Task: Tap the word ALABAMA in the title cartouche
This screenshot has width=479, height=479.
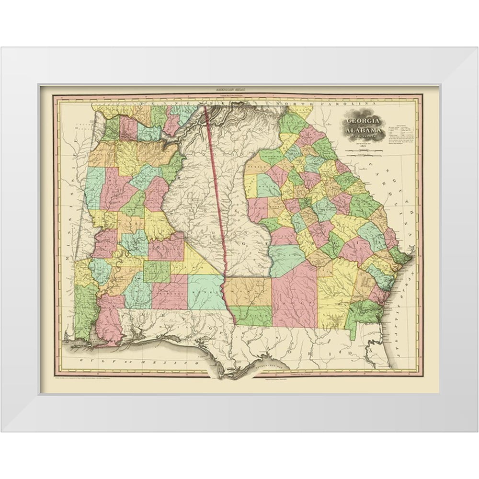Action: click(365, 131)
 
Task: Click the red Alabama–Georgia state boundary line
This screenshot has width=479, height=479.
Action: click(216, 192)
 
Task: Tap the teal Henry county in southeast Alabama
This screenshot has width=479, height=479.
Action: click(205, 292)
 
